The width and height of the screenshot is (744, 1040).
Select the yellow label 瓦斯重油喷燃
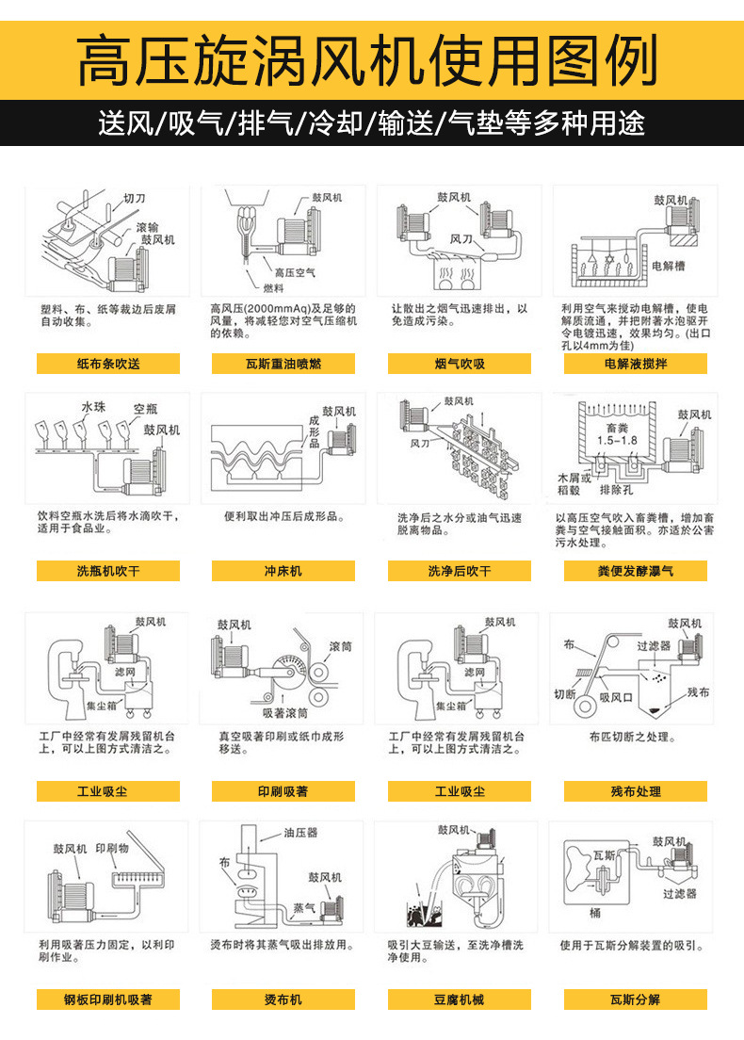click(x=283, y=364)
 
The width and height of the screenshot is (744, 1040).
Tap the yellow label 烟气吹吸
click(x=460, y=364)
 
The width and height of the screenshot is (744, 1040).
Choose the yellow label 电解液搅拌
click(x=636, y=364)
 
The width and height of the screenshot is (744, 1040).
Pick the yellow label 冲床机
click(x=283, y=571)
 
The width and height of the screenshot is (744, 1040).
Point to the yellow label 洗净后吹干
click(x=460, y=571)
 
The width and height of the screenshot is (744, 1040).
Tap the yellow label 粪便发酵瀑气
click(x=636, y=571)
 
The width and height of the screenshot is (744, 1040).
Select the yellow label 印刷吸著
click(x=283, y=791)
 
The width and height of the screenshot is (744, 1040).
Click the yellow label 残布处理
click(x=636, y=791)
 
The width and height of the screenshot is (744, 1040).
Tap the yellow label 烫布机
click(x=283, y=999)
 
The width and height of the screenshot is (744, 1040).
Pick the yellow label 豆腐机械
click(x=460, y=999)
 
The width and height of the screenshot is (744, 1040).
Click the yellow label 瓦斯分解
click(x=636, y=999)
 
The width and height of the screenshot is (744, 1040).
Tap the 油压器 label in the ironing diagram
click(x=300, y=833)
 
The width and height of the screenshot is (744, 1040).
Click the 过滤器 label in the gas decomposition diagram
click(x=678, y=893)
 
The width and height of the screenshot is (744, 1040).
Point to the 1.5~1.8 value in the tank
click(x=617, y=441)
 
